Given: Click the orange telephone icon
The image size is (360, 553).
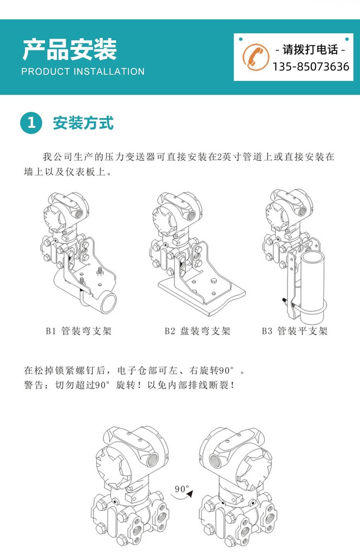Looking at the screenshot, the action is point(255,57).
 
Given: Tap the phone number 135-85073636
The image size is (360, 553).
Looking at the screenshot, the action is point(311,67).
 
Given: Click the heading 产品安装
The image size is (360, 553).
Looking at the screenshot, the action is point(70,50).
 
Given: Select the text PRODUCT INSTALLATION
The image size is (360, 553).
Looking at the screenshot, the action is point(83,72).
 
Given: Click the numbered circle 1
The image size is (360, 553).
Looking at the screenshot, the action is point(31,123).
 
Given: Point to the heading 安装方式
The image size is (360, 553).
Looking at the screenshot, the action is point(83,123).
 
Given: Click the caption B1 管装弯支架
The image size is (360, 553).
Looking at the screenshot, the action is point(79,331).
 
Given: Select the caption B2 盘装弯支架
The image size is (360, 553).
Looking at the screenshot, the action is point(197,331).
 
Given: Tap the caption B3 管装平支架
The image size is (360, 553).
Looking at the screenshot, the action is point(295,331).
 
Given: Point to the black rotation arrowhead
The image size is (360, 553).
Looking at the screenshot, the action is point(190,494).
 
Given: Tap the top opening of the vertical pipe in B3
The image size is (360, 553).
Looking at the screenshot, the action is point(312,258).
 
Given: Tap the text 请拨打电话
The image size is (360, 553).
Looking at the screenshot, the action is point(310,50).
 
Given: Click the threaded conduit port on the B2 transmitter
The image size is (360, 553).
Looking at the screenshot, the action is point(192,215).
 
